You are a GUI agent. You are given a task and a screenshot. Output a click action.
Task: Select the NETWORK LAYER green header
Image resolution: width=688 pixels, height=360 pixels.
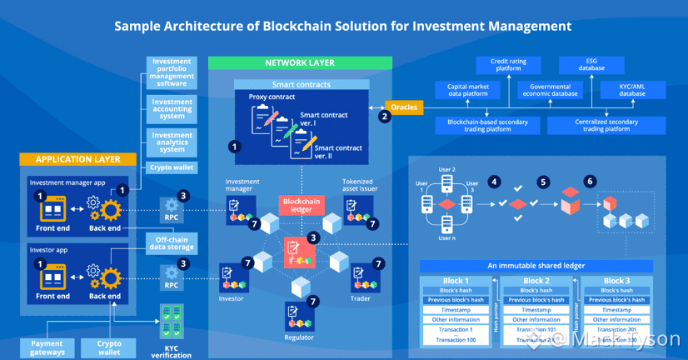pyautogui.click(x=300, y=63)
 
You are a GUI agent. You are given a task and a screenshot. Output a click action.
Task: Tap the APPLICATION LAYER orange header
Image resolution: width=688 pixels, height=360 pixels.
pyautogui.click(x=78, y=159)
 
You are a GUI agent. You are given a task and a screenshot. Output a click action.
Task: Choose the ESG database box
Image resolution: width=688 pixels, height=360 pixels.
pyautogui.click(x=592, y=65)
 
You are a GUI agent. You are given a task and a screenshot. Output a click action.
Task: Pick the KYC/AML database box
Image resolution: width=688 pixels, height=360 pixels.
pyautogui.click(x=632, y=89)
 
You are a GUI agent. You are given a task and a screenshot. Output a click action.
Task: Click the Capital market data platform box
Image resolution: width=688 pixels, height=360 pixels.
pyautogui.click(x=467, y=89)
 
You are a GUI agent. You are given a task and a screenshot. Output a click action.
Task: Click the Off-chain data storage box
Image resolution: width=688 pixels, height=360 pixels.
pyautogui.click(x=172, y=242)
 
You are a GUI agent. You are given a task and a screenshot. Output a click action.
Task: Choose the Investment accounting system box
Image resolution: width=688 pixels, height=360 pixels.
pyautogui.click(x=172, y=110)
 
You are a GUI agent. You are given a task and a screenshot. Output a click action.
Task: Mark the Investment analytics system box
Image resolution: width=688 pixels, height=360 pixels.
pyautogui.click(x=172, y=142)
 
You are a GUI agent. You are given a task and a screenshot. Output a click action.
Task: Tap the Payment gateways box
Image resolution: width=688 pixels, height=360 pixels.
pyautogui.click(x=47, y=347)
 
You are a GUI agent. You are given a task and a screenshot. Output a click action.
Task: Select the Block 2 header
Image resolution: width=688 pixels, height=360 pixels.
pyautogui.click(x=536, y=281)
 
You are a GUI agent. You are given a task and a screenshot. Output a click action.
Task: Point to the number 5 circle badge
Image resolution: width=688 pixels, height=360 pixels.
pyautogui.click(x=543, y=182)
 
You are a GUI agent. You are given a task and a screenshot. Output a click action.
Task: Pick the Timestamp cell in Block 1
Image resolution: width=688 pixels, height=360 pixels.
pyautogui.click(x=455, y=309)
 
